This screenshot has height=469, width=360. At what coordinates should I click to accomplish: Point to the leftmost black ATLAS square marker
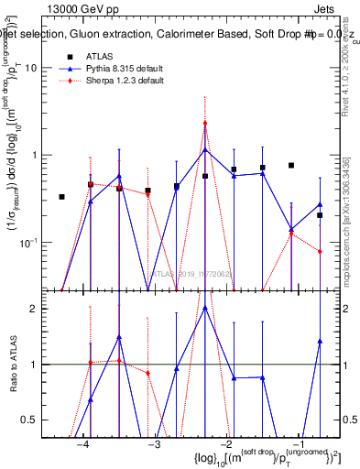pos(61,197)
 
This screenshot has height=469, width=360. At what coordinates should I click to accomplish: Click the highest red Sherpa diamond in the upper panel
pos(205,123)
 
